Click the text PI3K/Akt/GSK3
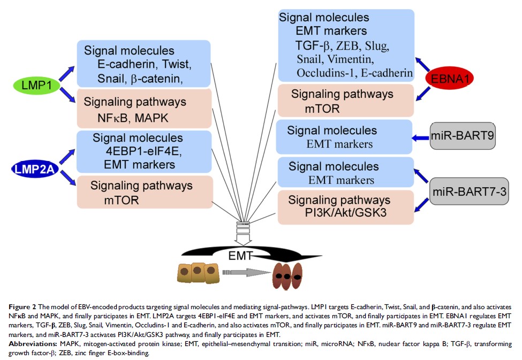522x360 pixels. [x=343, y=213]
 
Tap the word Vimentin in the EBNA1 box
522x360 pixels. [x=368, y=60]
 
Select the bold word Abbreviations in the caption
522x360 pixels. [x=32, y=343]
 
